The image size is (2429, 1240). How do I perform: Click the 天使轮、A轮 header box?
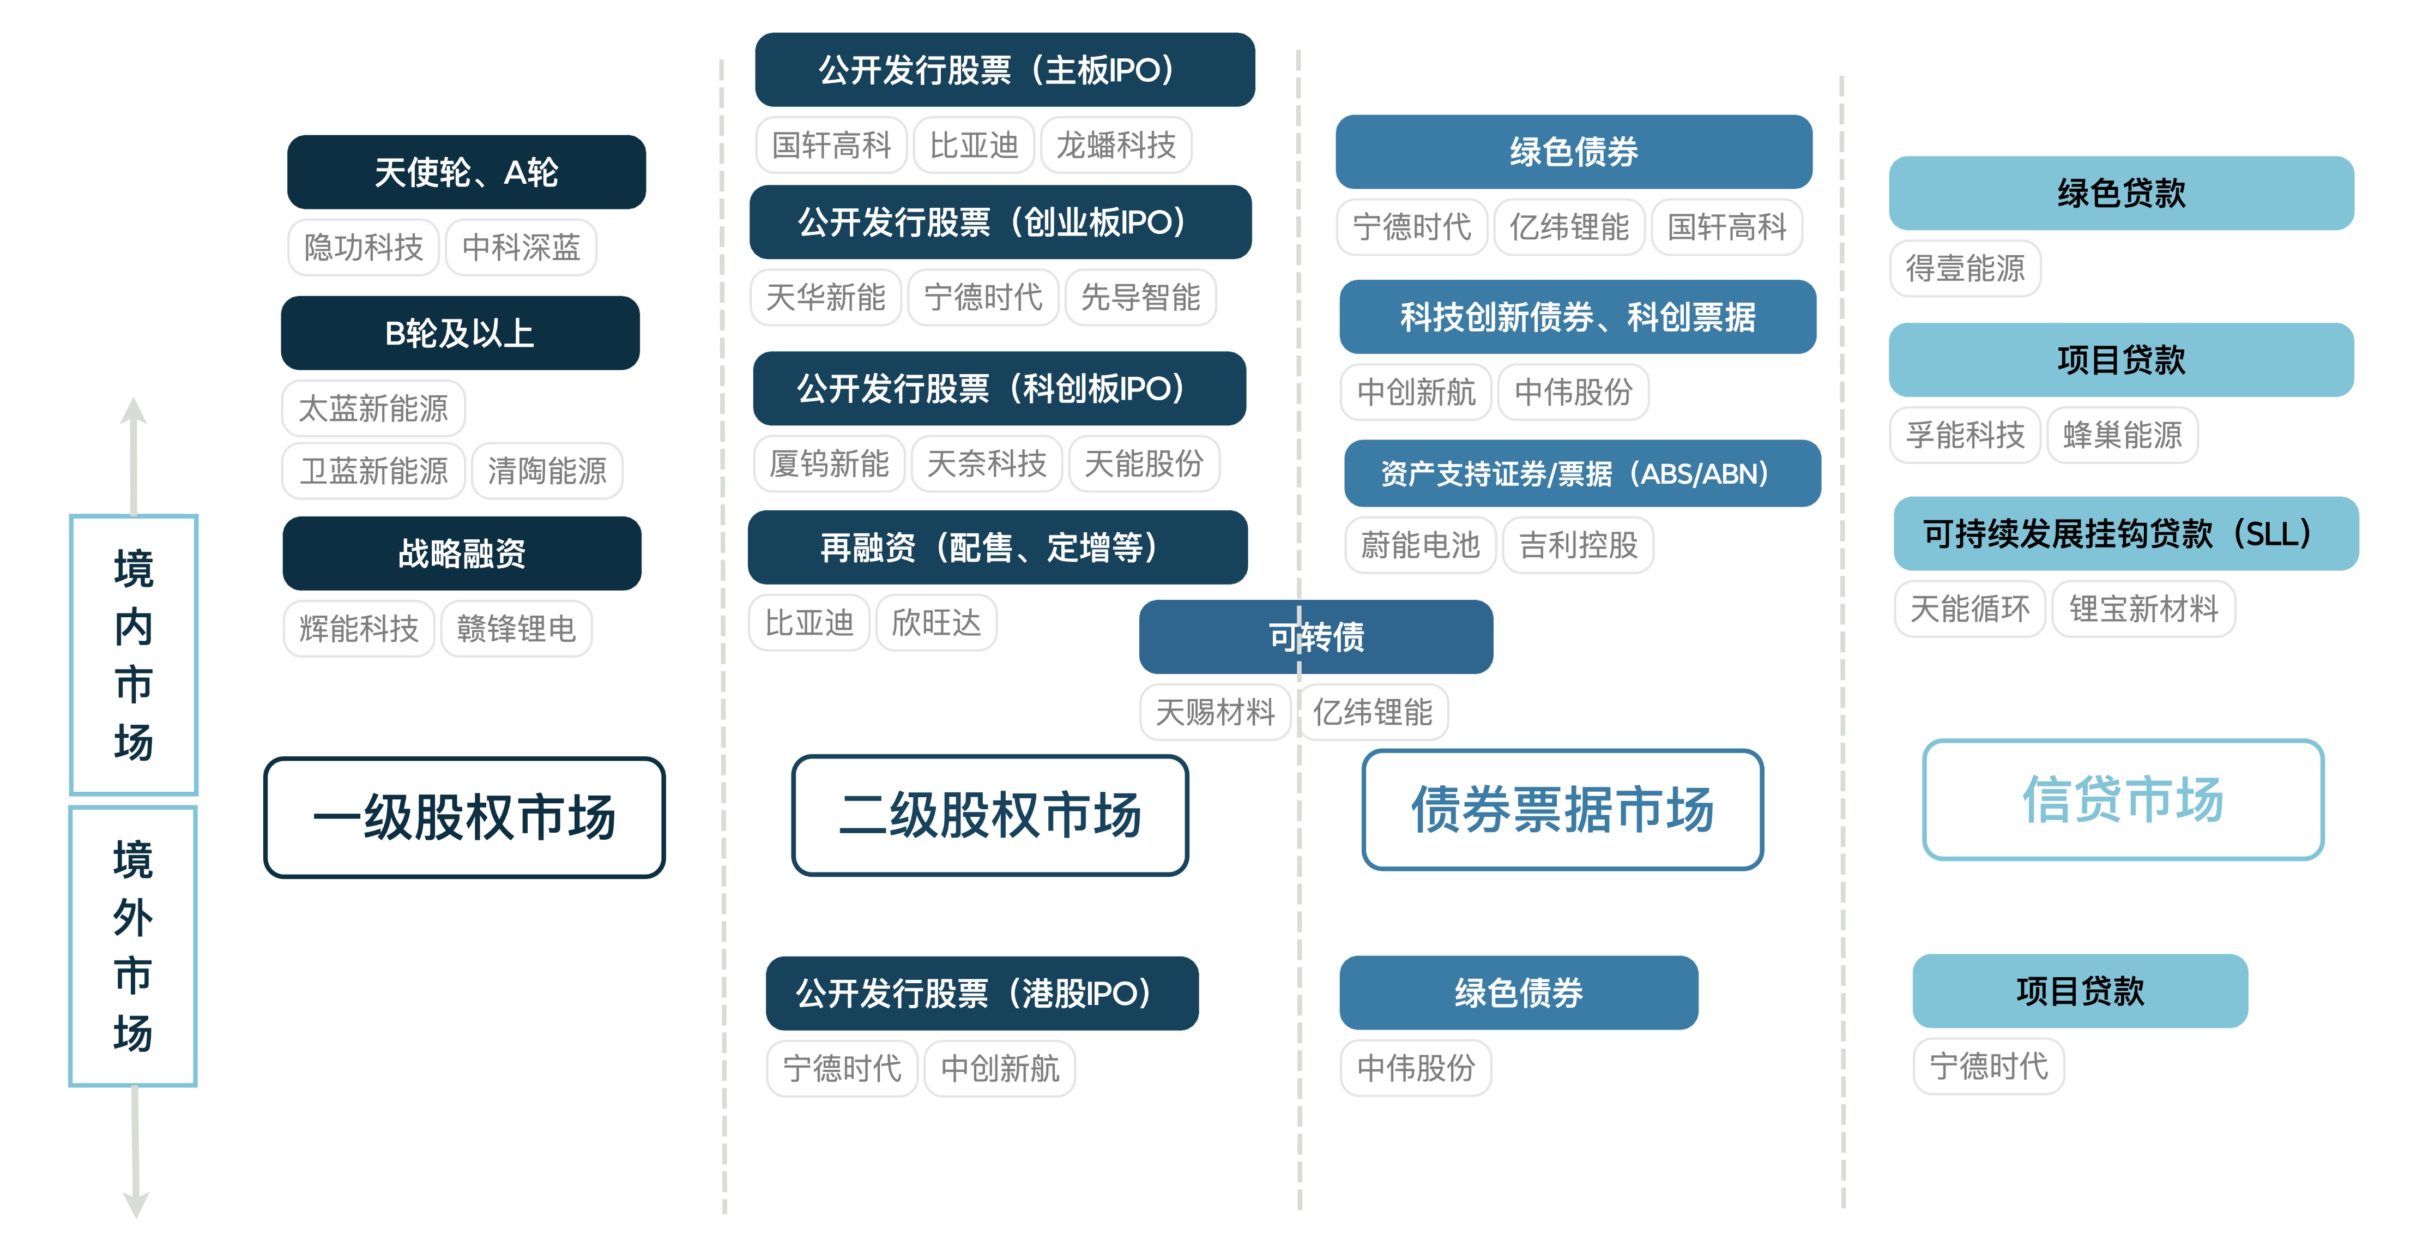(x=466, y=172)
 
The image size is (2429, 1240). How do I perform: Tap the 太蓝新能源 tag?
(x=373, y=408)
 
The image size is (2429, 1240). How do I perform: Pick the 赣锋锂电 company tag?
(x=516, y=628)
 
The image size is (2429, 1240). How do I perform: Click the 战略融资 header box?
(x=462, y=552)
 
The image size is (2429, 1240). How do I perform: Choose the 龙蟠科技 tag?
(x=1115, y=145)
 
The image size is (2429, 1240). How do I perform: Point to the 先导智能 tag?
(x=1140, y=297)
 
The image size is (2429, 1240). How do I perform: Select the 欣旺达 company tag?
(x=936, y=622)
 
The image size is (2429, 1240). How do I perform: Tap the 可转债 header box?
(x=1315, y=636)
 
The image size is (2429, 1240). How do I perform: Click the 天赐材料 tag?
(x=1214, y=712)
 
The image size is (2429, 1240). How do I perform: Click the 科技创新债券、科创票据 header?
(x=1578, y=317)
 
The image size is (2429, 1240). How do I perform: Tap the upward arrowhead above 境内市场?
(x=134, y=411)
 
